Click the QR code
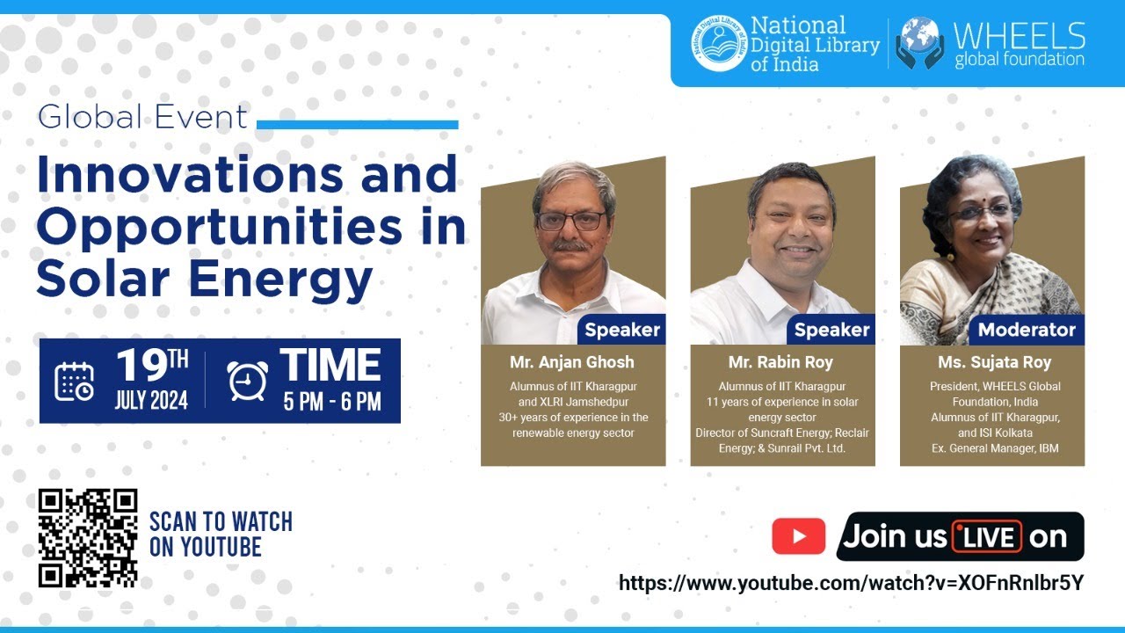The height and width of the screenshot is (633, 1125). [x=88, y=538]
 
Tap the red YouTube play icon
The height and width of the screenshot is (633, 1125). [x=798, y=536]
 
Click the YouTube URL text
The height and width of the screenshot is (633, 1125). [x=851, y=583]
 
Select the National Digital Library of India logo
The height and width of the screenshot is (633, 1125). [x=719, y=43]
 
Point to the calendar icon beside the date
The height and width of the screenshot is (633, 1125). [x=74, y=381]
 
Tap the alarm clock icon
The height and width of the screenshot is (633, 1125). [x=247, y=381]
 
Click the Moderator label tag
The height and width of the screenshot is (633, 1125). [x=1027, y=331]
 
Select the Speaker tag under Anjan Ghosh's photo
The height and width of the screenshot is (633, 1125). [x=621, y=331]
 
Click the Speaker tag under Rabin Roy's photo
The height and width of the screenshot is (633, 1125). [x=831, y=331]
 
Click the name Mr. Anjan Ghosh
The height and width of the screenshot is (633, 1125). [x=571, y=362]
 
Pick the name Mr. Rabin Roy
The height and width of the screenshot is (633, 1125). [x=780, y=362]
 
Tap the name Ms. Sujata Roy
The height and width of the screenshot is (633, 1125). [x=992, y=362]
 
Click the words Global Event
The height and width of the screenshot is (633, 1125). [x=142, y=118]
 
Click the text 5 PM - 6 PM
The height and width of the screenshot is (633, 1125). [x=331, y=402]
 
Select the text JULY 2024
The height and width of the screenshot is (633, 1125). [x=151, y=401]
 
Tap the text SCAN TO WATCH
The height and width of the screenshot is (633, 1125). [x=221, y=521]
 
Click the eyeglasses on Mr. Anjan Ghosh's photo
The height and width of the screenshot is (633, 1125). [x=570, y=221]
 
